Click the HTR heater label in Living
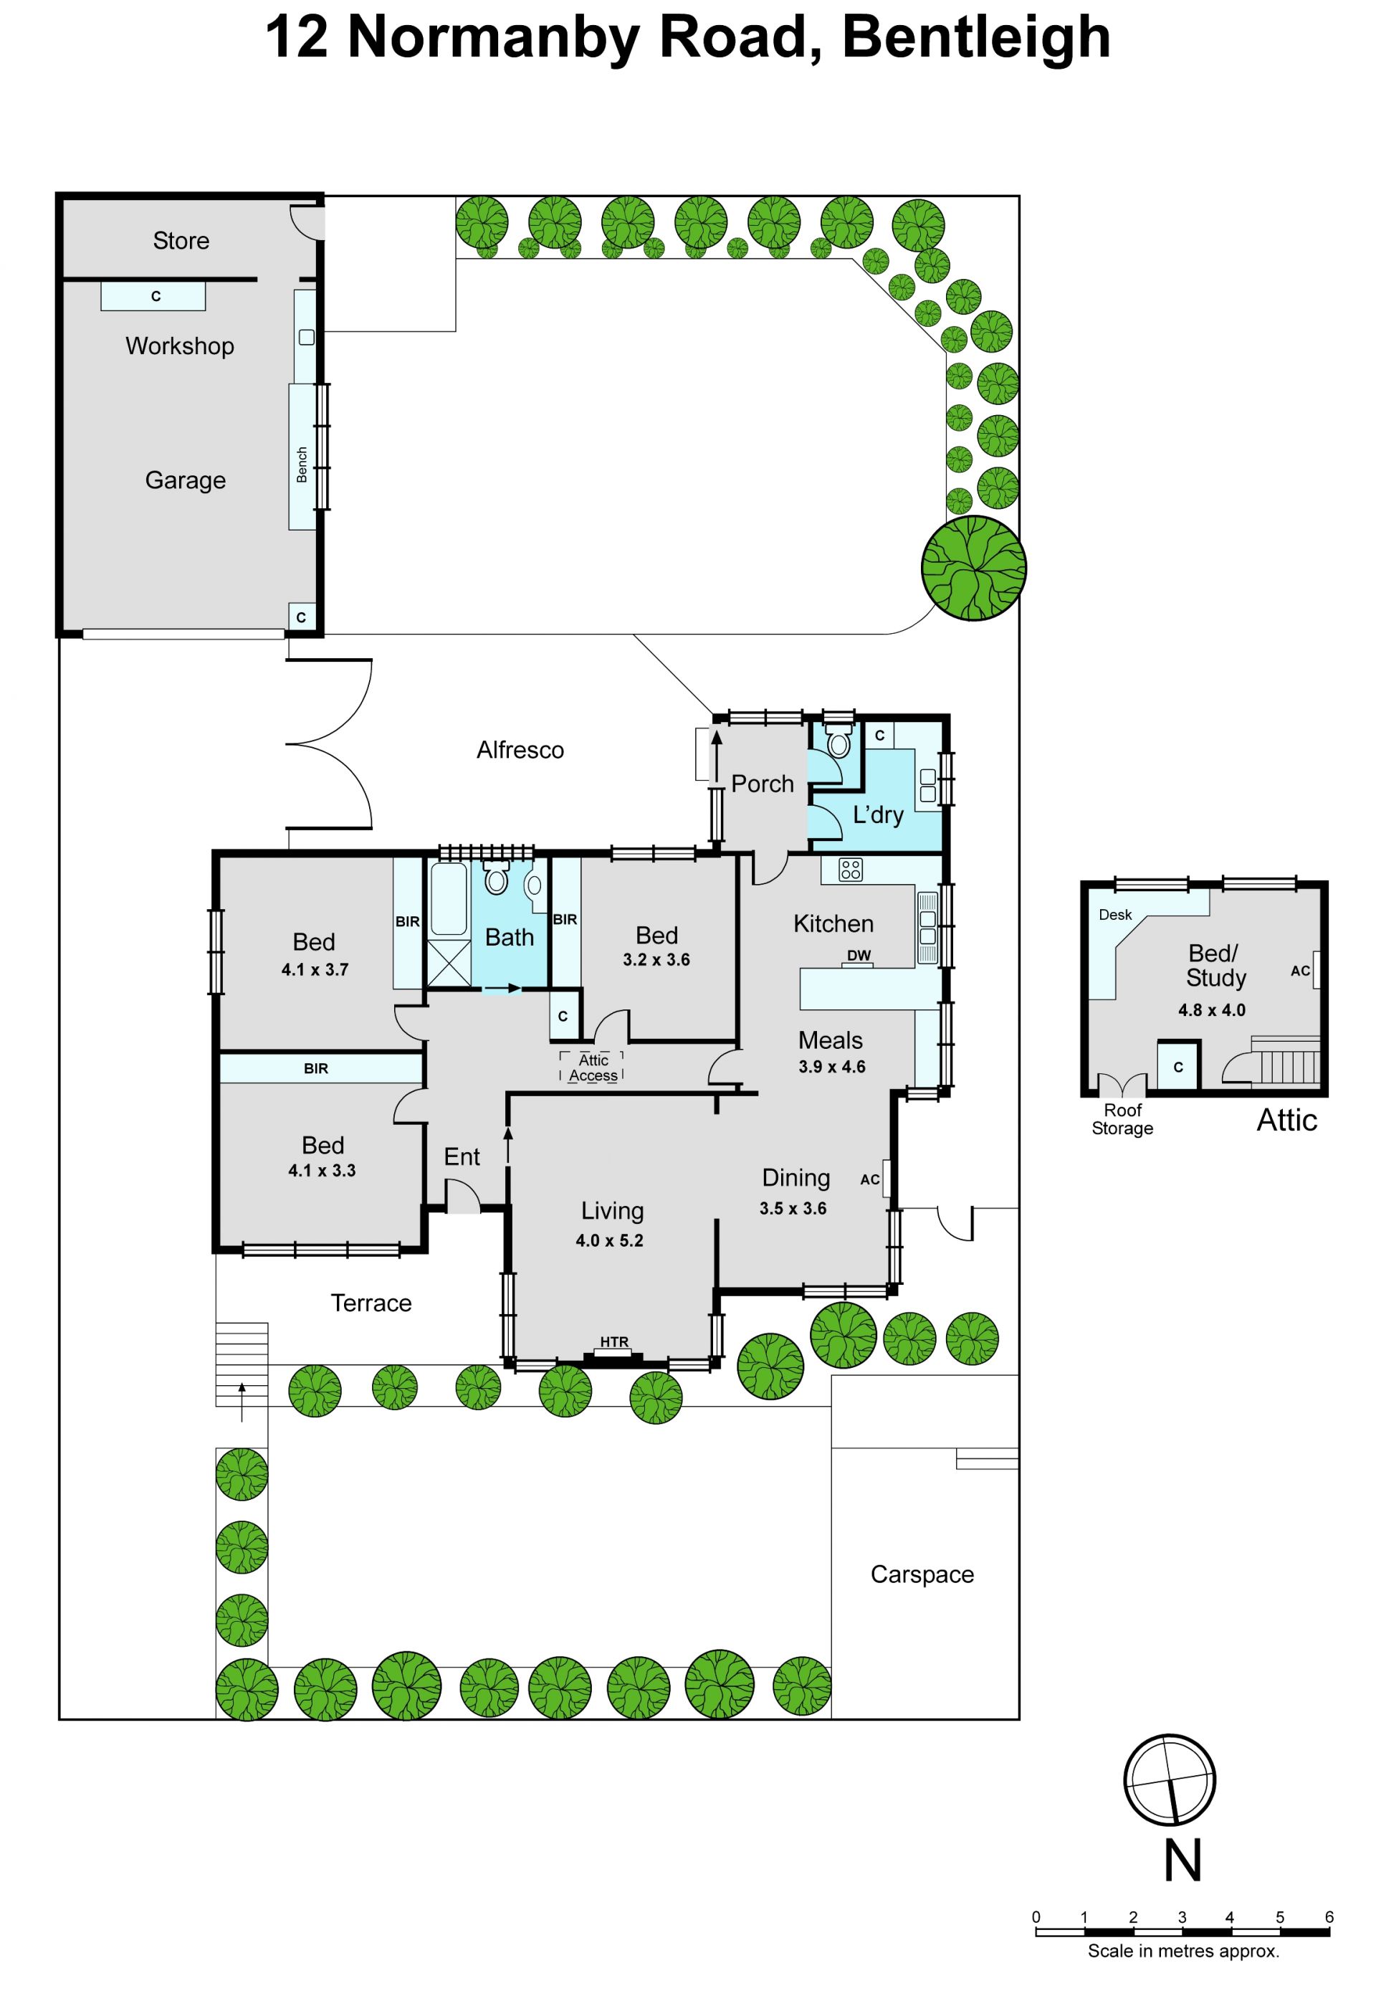tap(614, 1342)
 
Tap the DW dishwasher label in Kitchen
tap(859, 956)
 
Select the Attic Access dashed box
tap(591, 1067)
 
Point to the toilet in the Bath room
tap(496, 878)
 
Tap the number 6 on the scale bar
tap(1329, 1917)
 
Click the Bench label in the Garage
tap(302, 464)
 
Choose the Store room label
tap(181, 241)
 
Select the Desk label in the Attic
tap(1114, 915)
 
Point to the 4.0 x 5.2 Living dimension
tap(610, 1240)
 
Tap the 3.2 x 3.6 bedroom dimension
tap(656, 959)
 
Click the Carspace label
tap(922, 1575)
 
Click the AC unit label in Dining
tap(870, 1179)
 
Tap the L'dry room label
tap(878, 814)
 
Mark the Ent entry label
tap(462, 1156)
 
